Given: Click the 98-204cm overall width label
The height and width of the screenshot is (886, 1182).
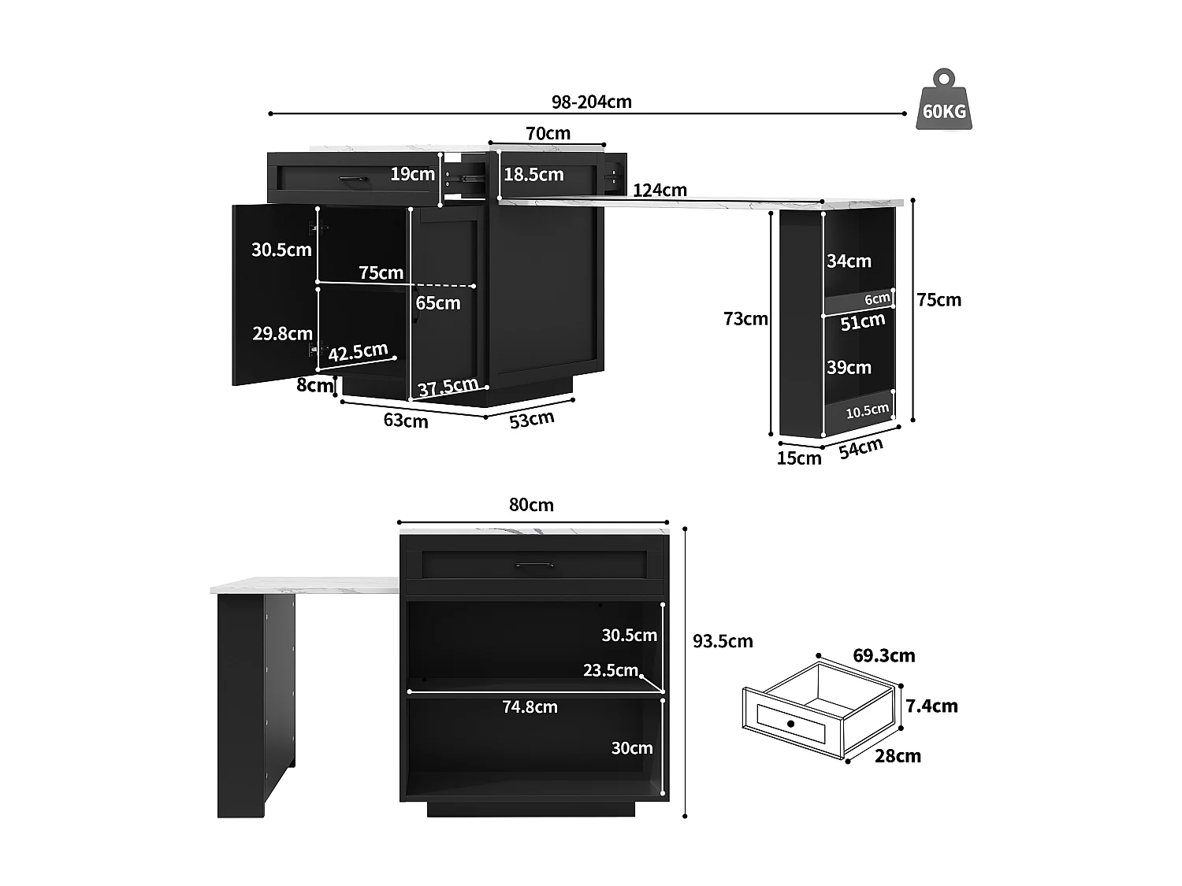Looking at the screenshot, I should click(591, 102).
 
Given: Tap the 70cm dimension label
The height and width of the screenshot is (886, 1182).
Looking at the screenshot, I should click(548, 133).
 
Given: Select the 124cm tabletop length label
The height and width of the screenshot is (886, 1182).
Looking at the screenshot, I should click(660, 190).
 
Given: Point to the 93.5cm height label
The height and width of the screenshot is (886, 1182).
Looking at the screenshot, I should click(723, 641).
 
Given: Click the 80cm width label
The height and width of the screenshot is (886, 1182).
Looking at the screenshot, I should click(531, 505).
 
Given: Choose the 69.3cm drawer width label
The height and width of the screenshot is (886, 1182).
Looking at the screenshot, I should click(883, 655).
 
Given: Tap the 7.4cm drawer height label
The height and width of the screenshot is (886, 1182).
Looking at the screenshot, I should click(931, 706).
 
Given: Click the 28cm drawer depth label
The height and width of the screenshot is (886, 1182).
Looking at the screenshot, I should click(898, 756).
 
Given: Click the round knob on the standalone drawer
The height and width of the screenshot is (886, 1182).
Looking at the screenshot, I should click(790, 723).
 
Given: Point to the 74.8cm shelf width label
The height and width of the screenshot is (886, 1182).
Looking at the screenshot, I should click(530, 707).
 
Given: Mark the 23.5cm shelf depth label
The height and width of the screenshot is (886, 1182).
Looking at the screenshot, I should click(610, 670).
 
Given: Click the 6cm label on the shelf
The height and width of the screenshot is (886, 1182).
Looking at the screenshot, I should click(876, 299).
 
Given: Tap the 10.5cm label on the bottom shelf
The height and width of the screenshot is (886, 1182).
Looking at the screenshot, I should click(867, 411).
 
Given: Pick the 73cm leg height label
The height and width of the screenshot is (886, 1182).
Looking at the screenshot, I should click(745, 319).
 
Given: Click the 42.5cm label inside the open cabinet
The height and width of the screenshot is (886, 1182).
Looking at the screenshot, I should click(358, 352).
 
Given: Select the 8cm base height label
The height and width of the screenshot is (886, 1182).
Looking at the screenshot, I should click(314, 385).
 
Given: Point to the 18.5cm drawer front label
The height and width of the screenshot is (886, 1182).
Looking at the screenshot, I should click(533, 175).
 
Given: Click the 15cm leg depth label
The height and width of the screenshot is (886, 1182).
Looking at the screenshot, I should click(798, 458).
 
